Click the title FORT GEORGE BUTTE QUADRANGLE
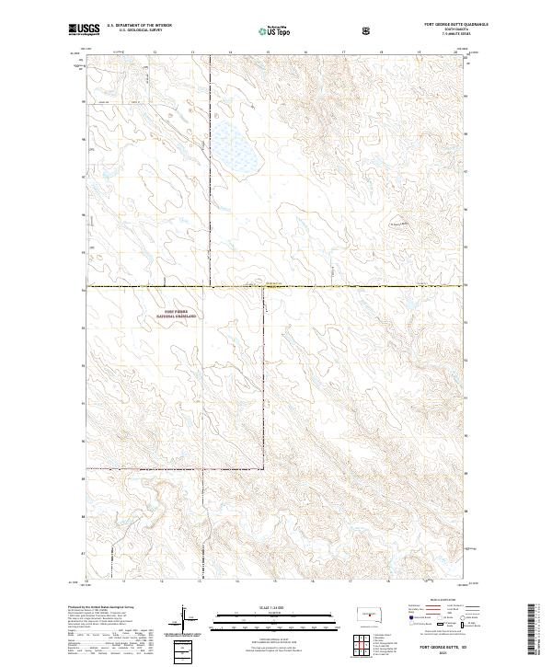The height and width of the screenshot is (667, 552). [431, 24]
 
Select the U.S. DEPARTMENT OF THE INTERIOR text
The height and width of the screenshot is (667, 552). [138, 25]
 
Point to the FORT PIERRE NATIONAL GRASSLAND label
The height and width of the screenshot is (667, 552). [180, 314]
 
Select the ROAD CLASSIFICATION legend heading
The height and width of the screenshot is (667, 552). [432, 599]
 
